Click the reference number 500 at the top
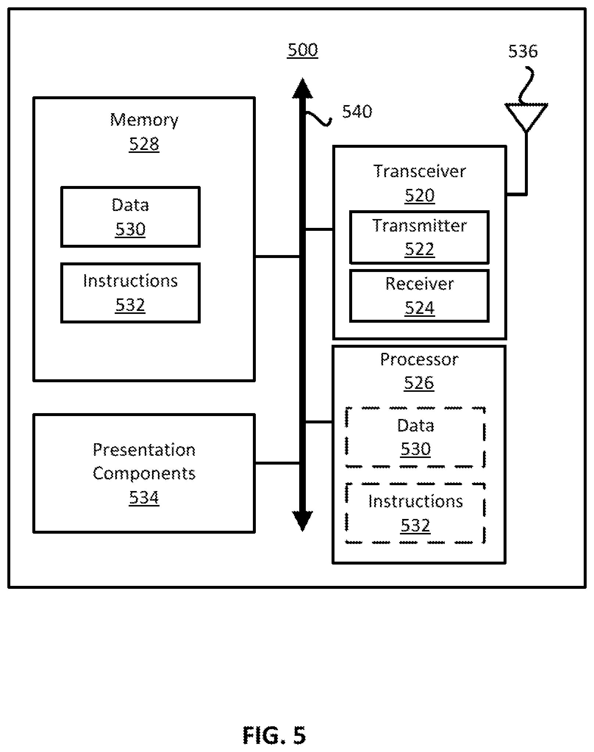[303, 50]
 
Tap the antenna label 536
[523, 51]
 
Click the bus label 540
[357, 111]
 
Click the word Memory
[144, 120]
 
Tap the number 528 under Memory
[144, 144]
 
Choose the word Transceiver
[419, 171]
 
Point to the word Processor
[419, 359]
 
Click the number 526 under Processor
[419, 383]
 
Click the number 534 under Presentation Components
[144, 498]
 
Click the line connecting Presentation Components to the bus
[277, 463]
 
